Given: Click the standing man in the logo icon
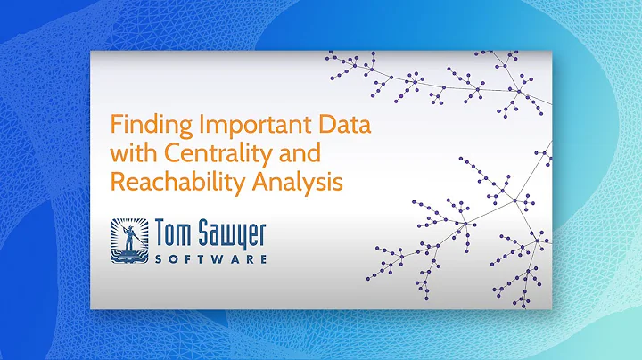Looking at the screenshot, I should click(130, 237).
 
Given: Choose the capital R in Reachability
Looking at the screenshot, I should click(116, 183).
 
